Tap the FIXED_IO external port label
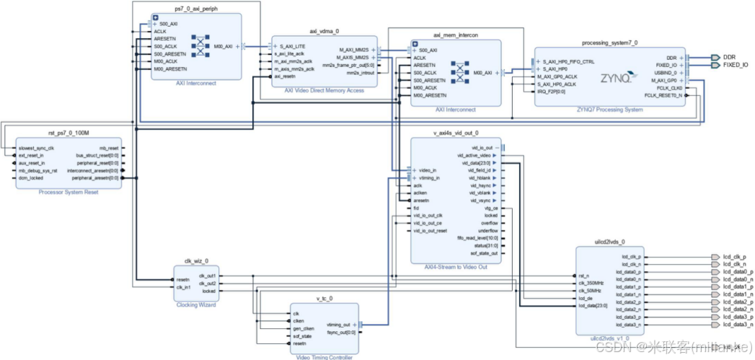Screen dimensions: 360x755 click(x=735, y=65)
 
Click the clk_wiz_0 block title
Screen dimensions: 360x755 click(x=196, y=260)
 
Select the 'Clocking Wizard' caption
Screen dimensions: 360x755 click(x=196, y=305)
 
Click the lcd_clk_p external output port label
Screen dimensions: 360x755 click(x=733, y=257)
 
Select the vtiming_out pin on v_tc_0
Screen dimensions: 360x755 click(x=338, y=325)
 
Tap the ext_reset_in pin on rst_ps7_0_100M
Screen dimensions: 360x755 click(x=32, y=155)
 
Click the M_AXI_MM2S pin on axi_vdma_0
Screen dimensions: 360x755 click(x=353, y=50)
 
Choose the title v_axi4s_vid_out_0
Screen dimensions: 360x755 click(x=456, y=133)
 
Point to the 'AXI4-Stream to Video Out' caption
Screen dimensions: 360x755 click(x=456, y=268)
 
